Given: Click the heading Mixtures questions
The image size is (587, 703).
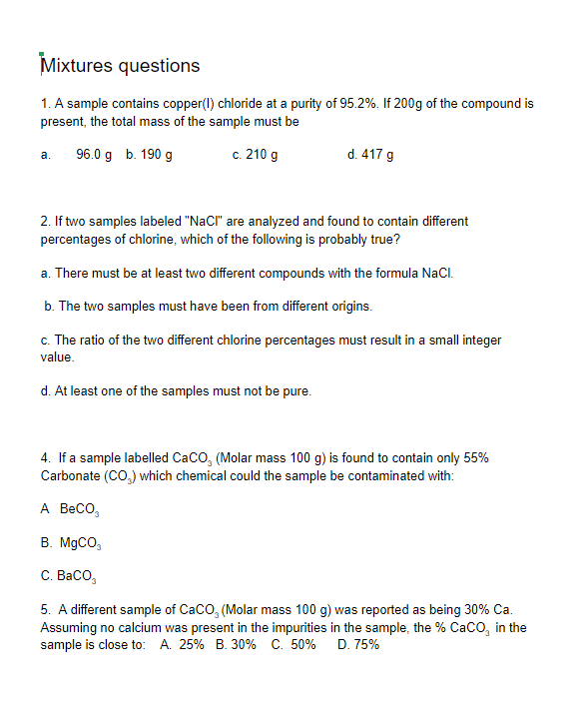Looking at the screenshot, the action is click(x=120, y=66).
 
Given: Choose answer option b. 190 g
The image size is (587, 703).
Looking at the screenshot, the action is click(x=150, y=155).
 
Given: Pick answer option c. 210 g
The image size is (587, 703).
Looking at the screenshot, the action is click(x=255, y=155).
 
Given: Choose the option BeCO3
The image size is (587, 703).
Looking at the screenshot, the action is click(x=80, y=509).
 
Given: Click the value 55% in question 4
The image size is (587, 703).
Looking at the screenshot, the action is click(x=475, y=458).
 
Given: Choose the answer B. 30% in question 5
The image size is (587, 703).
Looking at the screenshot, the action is click(x=237, y=645).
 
